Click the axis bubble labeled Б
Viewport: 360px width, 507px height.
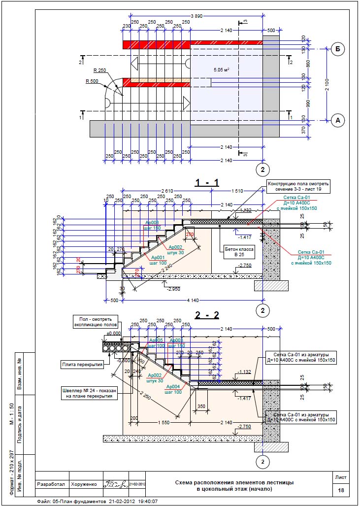point(337,49)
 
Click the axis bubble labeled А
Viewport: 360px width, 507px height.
point(337,120)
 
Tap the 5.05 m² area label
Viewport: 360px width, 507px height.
point(222,70)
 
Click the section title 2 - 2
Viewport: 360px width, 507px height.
point(207,315)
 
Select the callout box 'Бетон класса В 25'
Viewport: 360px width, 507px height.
point(239,252)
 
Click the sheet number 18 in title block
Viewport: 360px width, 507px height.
point(341,490)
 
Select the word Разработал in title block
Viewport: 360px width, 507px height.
point(51,484)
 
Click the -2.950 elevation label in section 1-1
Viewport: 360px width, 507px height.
point(173,288)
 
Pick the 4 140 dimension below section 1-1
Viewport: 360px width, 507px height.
point(193,300)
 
